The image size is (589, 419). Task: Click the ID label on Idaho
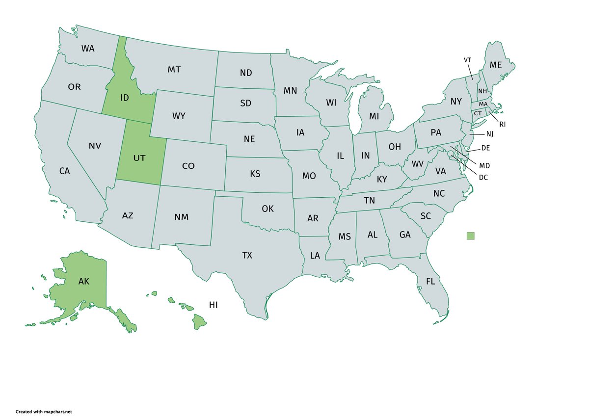(x=125, y=98)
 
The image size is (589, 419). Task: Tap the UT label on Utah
(x=140, y=158)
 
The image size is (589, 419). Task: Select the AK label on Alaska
(x=84, y=281)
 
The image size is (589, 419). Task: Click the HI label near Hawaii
(x=213, y=305)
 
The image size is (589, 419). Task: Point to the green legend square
(x=471, y=236)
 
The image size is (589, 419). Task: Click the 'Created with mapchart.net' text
(x=47, y=412)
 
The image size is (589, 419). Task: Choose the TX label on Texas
(x=247, y=255)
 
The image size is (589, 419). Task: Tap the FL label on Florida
(x=430, y=282)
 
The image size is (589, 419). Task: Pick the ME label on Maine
(x=496, y=65)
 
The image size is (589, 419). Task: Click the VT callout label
(x=468, y=60)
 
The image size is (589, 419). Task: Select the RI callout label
(x=502, y=125)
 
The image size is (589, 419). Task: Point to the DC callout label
(x=483, y=177)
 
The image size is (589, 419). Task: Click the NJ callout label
(x=490, y=134)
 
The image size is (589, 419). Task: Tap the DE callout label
(x=486, y=148)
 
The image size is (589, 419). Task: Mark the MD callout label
(x=484, y=166)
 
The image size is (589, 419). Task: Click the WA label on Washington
(x=88, y=49)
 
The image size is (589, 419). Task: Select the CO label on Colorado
(x=188, y=166)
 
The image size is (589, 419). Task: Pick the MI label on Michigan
(x=375, y=116)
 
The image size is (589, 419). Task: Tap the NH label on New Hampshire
(x=482, y=91)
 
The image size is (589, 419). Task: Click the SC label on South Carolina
(x=426, y=216)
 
